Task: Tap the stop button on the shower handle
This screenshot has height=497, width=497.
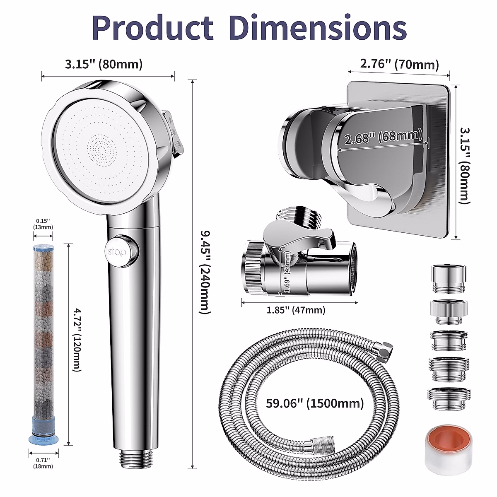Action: (122, 251)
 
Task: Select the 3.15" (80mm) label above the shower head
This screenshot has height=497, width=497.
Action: (104, 64)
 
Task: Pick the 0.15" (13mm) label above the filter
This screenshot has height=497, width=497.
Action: (43, 224)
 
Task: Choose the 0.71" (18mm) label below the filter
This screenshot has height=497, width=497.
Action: (43, 463)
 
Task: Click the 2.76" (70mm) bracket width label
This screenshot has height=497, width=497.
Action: (398, 64)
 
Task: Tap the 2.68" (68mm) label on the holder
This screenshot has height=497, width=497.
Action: (383, 136)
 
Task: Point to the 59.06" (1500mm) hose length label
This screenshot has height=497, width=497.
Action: (315, 403)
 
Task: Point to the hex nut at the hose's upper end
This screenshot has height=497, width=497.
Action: (385, 350)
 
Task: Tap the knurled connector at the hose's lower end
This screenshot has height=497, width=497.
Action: (318, 445)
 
